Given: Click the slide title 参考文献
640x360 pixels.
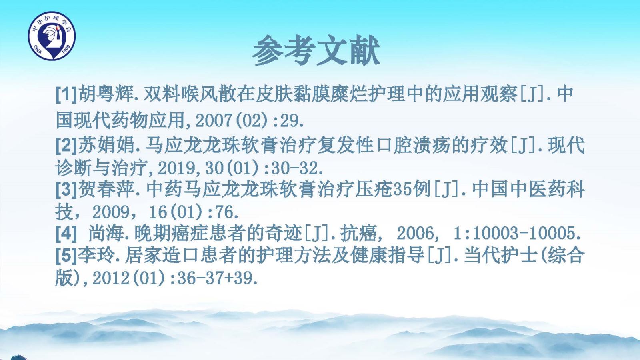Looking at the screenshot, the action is tap(316, 50).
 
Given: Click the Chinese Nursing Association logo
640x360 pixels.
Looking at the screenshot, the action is tap(52, 36).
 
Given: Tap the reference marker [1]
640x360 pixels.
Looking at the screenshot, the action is tap(66, 94).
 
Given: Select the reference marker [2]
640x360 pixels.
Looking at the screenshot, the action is tap(66, 145).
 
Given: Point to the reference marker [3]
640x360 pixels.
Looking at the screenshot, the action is tap(66, 190).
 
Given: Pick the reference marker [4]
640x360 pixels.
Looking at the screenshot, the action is tap(66, 234).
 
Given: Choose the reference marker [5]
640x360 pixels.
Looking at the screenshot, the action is tap(66, 255).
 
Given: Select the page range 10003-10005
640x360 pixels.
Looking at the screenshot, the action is tap(523, 234).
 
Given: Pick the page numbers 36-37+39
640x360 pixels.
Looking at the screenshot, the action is tap(215, 278).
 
